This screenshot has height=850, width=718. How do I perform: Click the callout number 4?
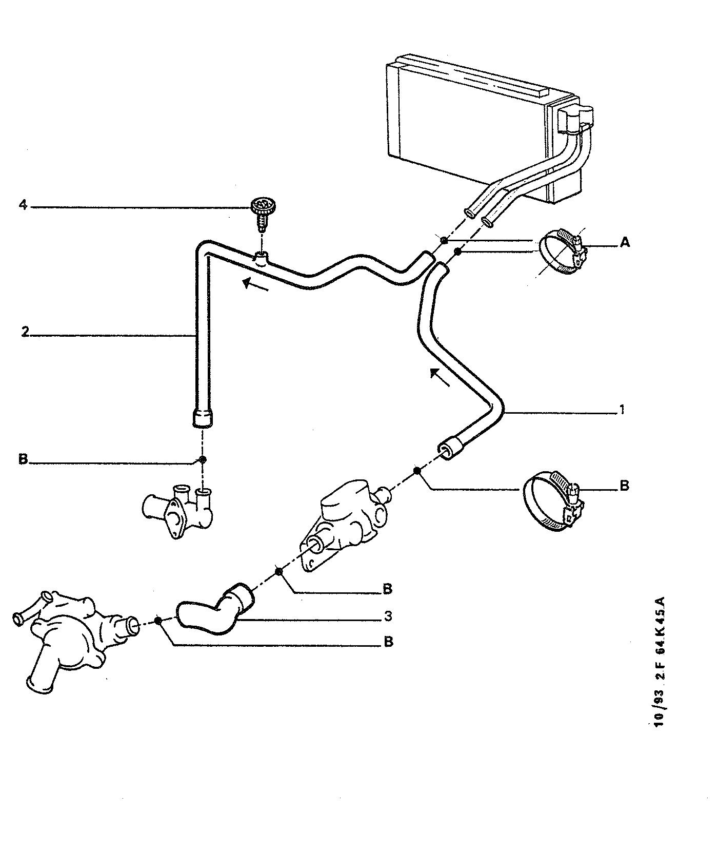tap(23, 205)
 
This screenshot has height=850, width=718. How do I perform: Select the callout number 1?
tap(622, 410)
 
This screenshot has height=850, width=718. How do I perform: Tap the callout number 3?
tap(388, 615)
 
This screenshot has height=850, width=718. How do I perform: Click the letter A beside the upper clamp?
tap(624, 242)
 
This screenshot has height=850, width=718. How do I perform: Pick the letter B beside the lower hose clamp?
tap(624, 485)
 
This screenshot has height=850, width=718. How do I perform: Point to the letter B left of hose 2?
tap(23, 458)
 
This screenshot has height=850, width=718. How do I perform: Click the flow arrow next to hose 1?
tap(440, 377)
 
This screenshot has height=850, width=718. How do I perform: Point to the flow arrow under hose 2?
tap(255, 284)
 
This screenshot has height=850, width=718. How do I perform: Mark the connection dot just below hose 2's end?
tap(203, 459)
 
